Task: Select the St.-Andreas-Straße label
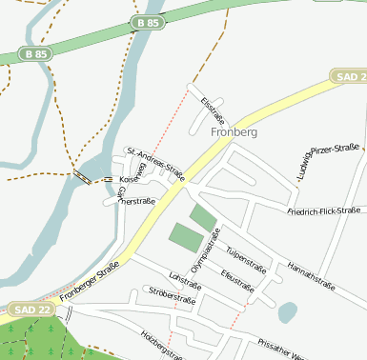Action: [x=155, y=162]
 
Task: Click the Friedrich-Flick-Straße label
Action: [x=323, y=210]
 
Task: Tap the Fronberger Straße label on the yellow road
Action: [x=88, y=282]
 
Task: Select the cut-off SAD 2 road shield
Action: [x=349, y=76]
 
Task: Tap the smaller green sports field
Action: [x=203, y=217]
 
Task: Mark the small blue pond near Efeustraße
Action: [x=287, y=311]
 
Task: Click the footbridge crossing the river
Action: [x=83, y=178]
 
